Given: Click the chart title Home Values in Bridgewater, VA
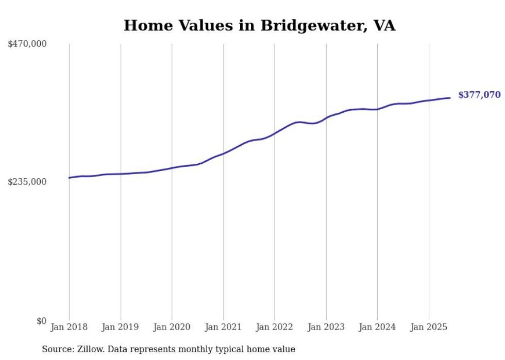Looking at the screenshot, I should coord(259,26).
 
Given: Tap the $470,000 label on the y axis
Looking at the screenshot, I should coord(27,44).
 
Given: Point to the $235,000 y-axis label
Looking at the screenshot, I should coord(27,182).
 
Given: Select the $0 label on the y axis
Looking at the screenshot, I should coord(41,321).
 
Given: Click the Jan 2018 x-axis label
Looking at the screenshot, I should coord(69,327).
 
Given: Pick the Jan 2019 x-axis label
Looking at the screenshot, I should coord(121,327).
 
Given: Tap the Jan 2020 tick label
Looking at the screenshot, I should coord(172,327).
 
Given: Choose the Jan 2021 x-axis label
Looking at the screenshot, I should coord(223,327).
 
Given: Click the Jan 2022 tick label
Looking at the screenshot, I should coord(275,327).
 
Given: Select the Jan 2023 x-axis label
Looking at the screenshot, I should coord(326,327).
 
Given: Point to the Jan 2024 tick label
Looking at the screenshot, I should coord(377,327).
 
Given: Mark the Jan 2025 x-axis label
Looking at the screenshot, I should coord(428,327).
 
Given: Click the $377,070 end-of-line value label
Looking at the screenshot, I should coord(479,95).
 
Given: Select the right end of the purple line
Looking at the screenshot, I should coord(450,98).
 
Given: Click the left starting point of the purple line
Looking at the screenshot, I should coord(70,178).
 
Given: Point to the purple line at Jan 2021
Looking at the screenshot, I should coord(223,153).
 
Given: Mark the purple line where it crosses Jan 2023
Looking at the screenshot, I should coord(326,118).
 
